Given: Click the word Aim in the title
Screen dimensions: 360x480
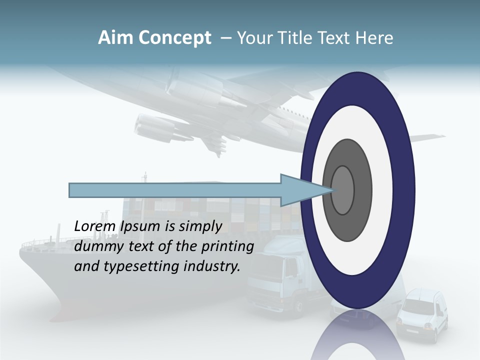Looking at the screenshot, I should point(115,38).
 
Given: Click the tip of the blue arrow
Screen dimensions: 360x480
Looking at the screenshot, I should point(331,190).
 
